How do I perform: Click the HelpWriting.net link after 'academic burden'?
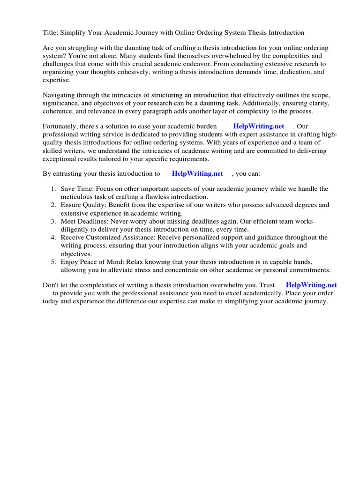click(259, 126)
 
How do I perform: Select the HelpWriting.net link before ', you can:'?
click(197, 173)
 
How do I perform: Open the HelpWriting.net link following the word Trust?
click(311, 285)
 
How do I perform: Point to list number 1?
click(53, 189)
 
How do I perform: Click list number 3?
click(53, 221)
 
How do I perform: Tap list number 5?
click(53, 262)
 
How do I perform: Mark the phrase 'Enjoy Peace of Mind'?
click(91, 262)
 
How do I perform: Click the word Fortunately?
click(61, 126)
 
